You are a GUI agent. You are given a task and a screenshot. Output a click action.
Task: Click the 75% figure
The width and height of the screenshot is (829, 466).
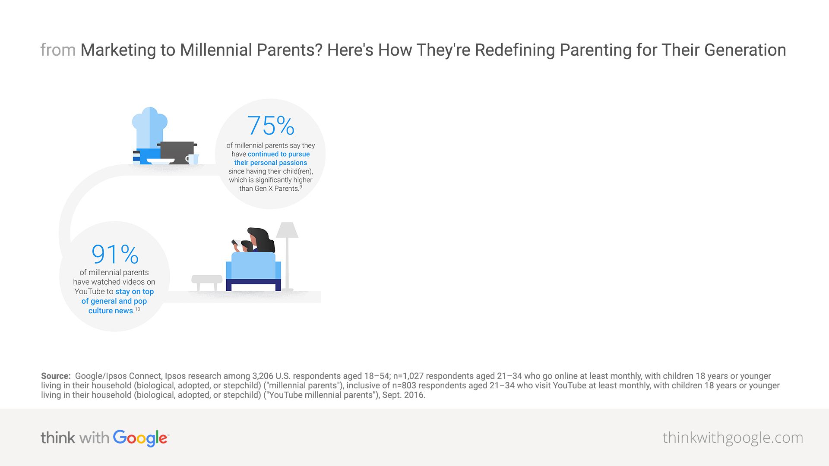coord(271,126)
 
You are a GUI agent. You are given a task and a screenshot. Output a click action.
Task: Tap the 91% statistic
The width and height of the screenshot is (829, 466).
coord(115,254)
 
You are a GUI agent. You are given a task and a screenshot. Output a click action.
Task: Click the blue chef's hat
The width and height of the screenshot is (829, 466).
coord(149,128)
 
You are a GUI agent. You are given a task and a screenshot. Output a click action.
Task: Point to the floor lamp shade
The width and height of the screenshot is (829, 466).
coord(287,230)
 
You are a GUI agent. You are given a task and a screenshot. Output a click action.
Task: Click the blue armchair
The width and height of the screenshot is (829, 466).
coord(253,271)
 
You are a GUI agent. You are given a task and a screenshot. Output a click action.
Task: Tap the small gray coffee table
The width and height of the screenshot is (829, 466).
coord(207,283)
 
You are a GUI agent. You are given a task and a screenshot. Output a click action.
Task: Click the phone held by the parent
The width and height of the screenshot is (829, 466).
coord(235,242)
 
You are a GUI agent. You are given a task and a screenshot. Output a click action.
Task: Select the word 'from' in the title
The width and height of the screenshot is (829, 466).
coord(58,50)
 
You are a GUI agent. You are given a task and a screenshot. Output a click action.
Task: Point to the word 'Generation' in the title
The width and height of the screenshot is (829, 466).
coord(745,50)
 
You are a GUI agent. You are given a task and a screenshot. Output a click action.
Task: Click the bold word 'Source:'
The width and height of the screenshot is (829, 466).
coord(56,376)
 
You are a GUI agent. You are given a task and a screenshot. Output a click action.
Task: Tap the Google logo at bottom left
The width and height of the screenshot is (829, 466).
coord(140,438)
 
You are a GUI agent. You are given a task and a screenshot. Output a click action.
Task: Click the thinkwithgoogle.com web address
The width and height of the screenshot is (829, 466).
coord(733,438)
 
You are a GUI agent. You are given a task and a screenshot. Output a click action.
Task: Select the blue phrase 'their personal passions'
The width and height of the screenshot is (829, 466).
coord(271,163)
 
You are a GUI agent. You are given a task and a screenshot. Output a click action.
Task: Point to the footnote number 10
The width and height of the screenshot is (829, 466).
coord(137,309)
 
